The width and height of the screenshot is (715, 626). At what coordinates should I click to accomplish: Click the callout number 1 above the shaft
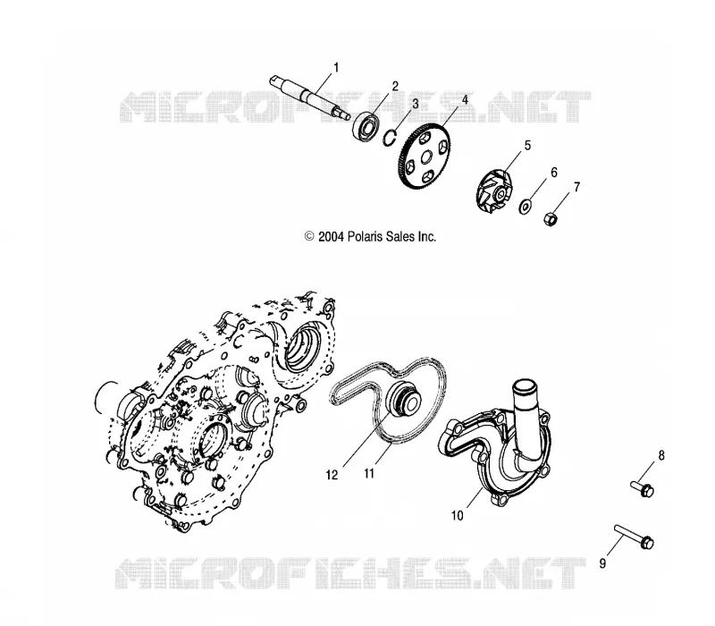point(336,68)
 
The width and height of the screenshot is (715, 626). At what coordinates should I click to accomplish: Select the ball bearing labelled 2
point(366,124)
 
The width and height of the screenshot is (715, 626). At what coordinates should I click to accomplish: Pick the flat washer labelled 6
point(525,207)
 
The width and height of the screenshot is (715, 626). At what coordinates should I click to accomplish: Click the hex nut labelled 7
point(551,218)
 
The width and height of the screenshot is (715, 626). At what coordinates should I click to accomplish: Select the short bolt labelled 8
point(642,488)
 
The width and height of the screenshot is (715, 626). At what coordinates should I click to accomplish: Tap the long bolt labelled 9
point(634,537)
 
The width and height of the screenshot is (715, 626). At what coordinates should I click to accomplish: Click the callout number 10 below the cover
point(457,516)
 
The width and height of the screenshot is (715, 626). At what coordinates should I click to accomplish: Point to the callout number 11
point(369,474)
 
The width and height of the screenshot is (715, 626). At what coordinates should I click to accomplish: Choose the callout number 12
point(332,475)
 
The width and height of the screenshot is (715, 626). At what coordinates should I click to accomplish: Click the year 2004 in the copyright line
point(330,236)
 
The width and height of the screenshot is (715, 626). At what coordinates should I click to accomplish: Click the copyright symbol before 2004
point(309,236)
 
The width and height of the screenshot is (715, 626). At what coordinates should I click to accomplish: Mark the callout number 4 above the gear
point(465,99)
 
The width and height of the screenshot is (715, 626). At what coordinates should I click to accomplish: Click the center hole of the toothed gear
point(426,158)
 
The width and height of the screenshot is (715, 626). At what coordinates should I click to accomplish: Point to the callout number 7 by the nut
point(576,187)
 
